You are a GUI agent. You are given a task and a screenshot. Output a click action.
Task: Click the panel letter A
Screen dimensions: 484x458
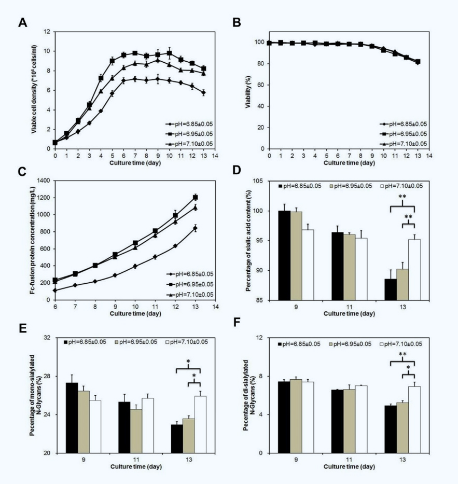click(x=22, y=22)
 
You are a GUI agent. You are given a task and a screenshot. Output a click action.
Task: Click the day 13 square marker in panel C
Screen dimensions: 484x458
click(x=196, y=197)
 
